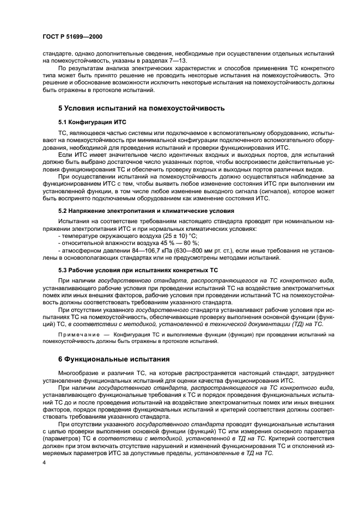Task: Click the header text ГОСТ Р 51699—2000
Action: pos(72,36)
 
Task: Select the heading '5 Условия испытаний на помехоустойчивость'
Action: pos(141,108)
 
